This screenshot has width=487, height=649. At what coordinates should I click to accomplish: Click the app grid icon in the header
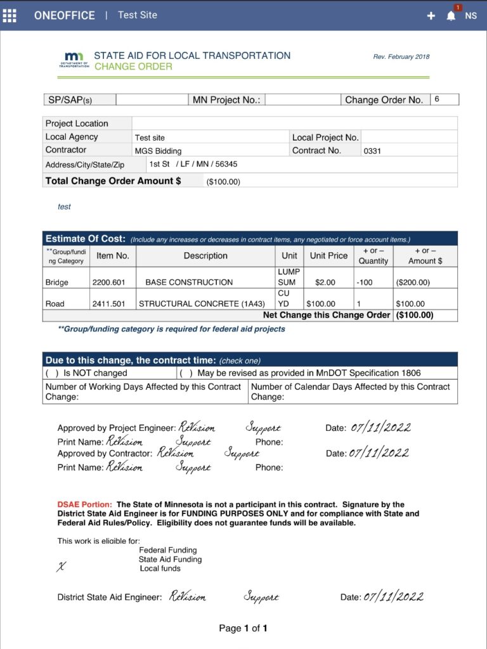pyautogui.click(x=10, y=15)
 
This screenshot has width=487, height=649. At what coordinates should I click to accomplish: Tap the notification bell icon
pyautogui.click(x=451, y=16)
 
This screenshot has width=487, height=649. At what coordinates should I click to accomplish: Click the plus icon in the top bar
pyautogui.click(x=431, y=16)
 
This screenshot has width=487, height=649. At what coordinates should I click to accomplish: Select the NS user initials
pyautogui.click(x=471, y=16)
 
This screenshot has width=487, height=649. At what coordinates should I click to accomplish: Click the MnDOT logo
pyautogui.click(x=75, y=60)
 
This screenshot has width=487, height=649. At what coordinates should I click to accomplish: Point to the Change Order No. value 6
pyautogui.click(x=437, y=100)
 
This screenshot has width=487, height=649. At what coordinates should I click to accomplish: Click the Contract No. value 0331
pyautogui.click(x=372, y=151)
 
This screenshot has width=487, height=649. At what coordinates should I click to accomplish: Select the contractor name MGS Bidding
pyautogui.click(x=158, y=151)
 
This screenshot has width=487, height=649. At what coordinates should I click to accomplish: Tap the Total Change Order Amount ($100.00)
pyautogui.click(x=223, y=182)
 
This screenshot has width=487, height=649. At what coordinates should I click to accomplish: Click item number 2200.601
pyautogui.click(x=108, y=283)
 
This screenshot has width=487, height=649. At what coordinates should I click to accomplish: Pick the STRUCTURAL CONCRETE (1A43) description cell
pyautogui.click(x=202, y=304)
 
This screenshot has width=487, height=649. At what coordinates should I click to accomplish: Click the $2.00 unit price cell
pyautogui.click(x=325, y=283)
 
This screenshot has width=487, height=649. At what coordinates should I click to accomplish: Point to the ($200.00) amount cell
pyautogui.click(x=413, y=283)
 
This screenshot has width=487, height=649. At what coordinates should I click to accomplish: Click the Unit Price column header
pyautogui.click(x=328, y=255)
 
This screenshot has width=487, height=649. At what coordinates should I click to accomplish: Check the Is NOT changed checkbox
pyautogui.click(x=52, y=373)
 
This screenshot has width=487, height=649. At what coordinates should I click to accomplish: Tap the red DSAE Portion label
pyautogui.click(x=84, y=504)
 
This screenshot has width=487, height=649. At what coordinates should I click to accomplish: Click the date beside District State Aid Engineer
pyautogui.click(x=393, y=597)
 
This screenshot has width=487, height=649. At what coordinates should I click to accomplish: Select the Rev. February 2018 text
pyautogui.click(x=401, y=57)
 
